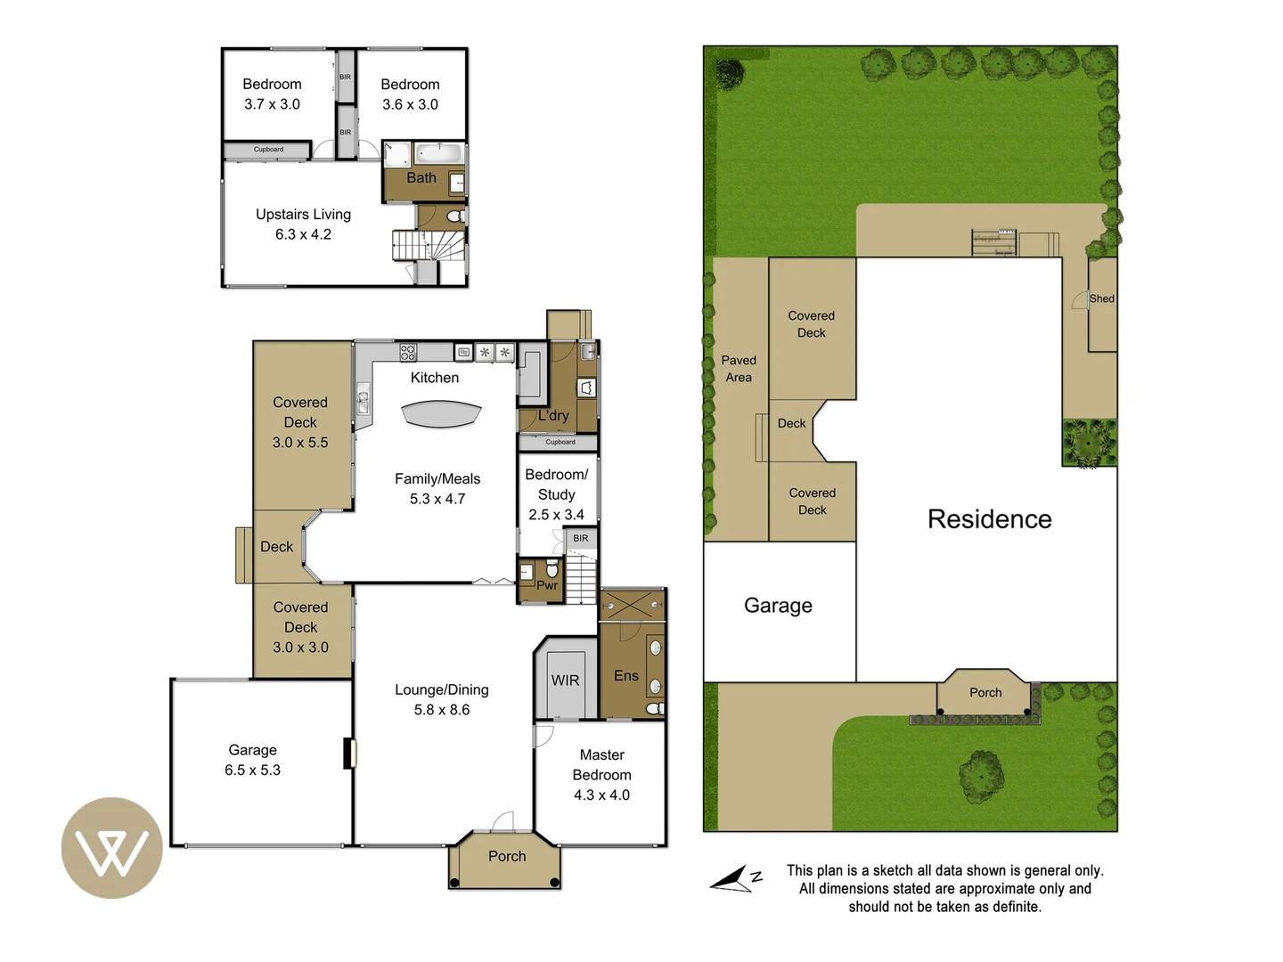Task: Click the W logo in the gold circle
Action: pos(111,849)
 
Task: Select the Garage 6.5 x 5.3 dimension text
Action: pos(252,770)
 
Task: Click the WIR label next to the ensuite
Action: pos(565,681)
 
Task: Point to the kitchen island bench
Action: pos(441,414)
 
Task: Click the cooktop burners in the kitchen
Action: pos(408,352)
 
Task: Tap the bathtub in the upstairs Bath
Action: pos(440,153)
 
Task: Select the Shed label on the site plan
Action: pos(1101,299)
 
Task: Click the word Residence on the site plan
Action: pos(989,519)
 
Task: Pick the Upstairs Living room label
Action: pos(303,215)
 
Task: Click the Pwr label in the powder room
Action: pos(547,585)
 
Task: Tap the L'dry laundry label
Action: pos(553,416)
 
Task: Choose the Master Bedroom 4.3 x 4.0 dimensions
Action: pos(601,795)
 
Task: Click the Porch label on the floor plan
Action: pos(507,857)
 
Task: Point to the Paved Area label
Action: pos(739,369)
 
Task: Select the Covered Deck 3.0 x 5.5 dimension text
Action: pos(300,443)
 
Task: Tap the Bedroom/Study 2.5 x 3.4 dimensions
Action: pos(556,515)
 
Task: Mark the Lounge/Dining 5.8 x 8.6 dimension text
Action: pos(442,710)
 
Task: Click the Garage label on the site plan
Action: pos(778,606)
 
